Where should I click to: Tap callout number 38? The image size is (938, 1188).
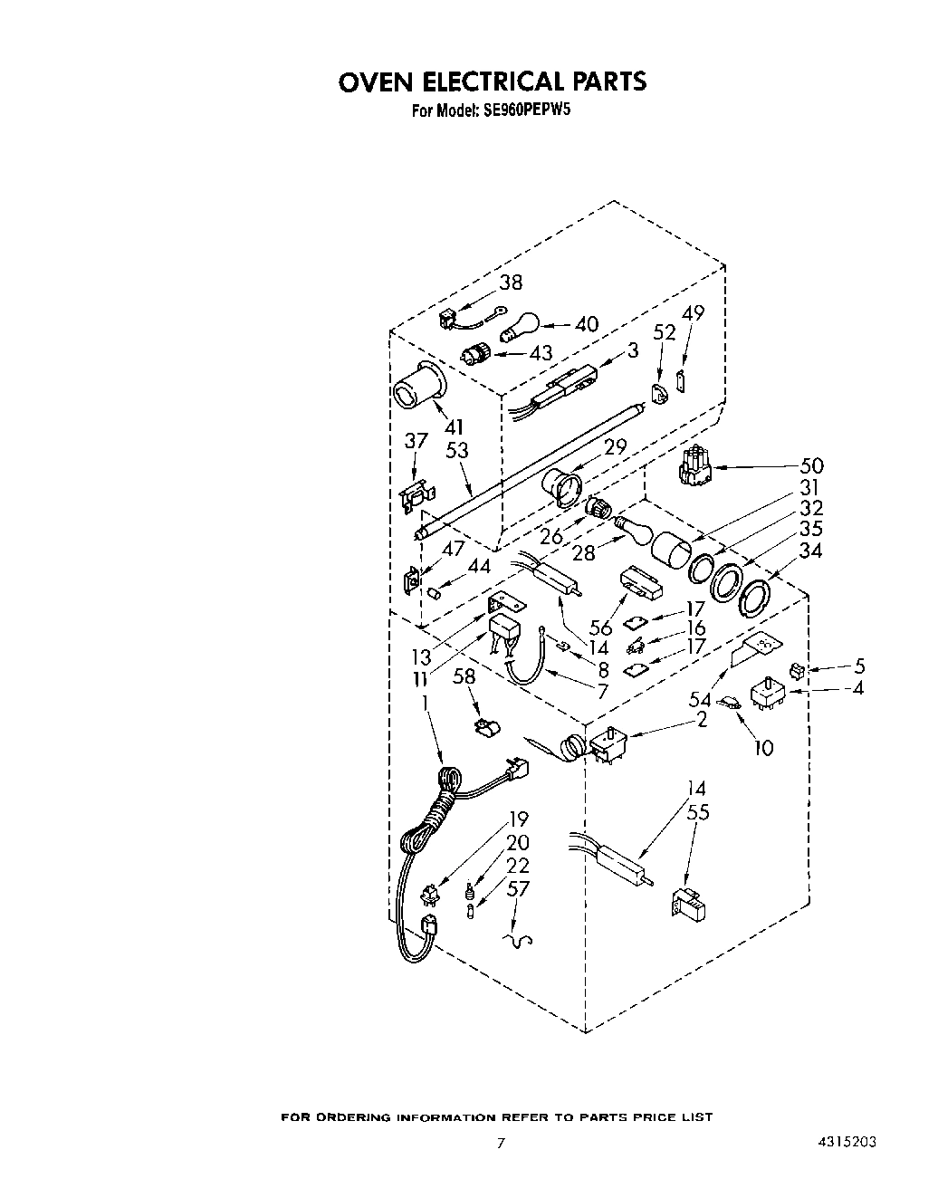pyautogui.click(x=511, y=283)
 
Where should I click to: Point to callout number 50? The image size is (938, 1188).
pyautogui.click(x=811, y=465)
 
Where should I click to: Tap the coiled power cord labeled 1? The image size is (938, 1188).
pyautogui.click(x=433, y=815)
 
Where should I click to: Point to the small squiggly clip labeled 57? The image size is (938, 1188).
pyautogui.click(x=518, y=941)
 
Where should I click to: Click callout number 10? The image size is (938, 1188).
pyautogui.click(x=764, y=748)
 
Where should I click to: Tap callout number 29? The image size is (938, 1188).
pyautogui.click(x=615, y=447)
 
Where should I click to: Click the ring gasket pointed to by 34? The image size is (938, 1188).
pyautogui.click(x=756, y=597)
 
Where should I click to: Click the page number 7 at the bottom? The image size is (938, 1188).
pyautogui.click(x=498, y=1143)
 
